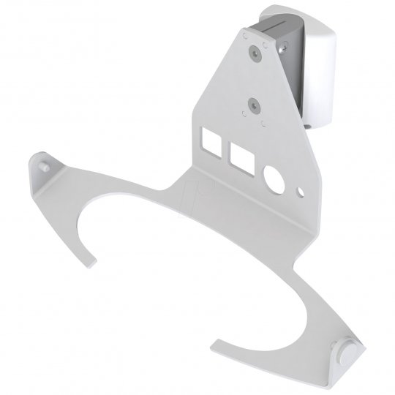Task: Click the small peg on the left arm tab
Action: tap(46, 165)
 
